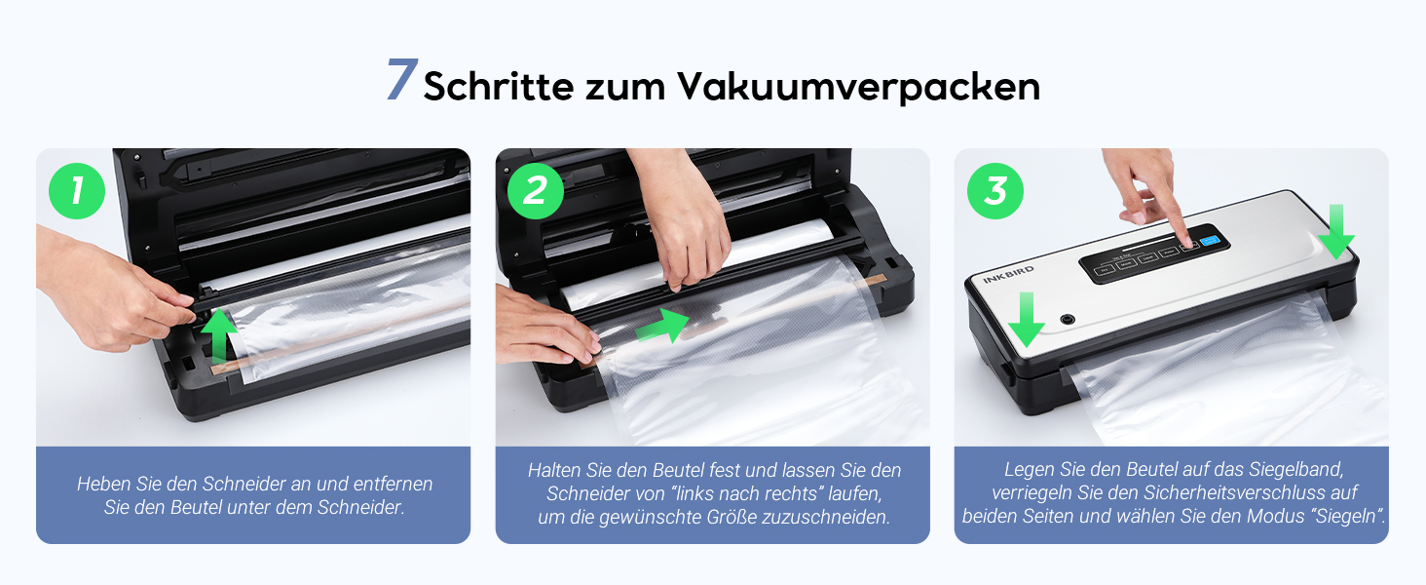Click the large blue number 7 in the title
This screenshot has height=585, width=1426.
click(402, 79)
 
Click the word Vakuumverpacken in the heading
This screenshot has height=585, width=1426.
click(859, 87)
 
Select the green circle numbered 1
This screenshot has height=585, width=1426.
click(77, 191)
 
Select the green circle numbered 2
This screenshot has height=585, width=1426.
click(536, 191)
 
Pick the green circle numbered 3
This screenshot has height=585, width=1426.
click(995, 191)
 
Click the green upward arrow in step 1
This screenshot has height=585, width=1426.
click(218, 334)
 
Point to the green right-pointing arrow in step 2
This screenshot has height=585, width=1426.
click(662, 326)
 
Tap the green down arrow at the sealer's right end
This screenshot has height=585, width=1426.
click(1336, 232)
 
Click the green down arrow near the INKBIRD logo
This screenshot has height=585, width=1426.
click(1027, 320)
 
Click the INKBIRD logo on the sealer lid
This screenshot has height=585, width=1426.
click(1008, 274)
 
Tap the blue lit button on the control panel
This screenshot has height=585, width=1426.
click(1209, 241)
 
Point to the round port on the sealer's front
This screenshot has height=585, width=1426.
click(1068, 319)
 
